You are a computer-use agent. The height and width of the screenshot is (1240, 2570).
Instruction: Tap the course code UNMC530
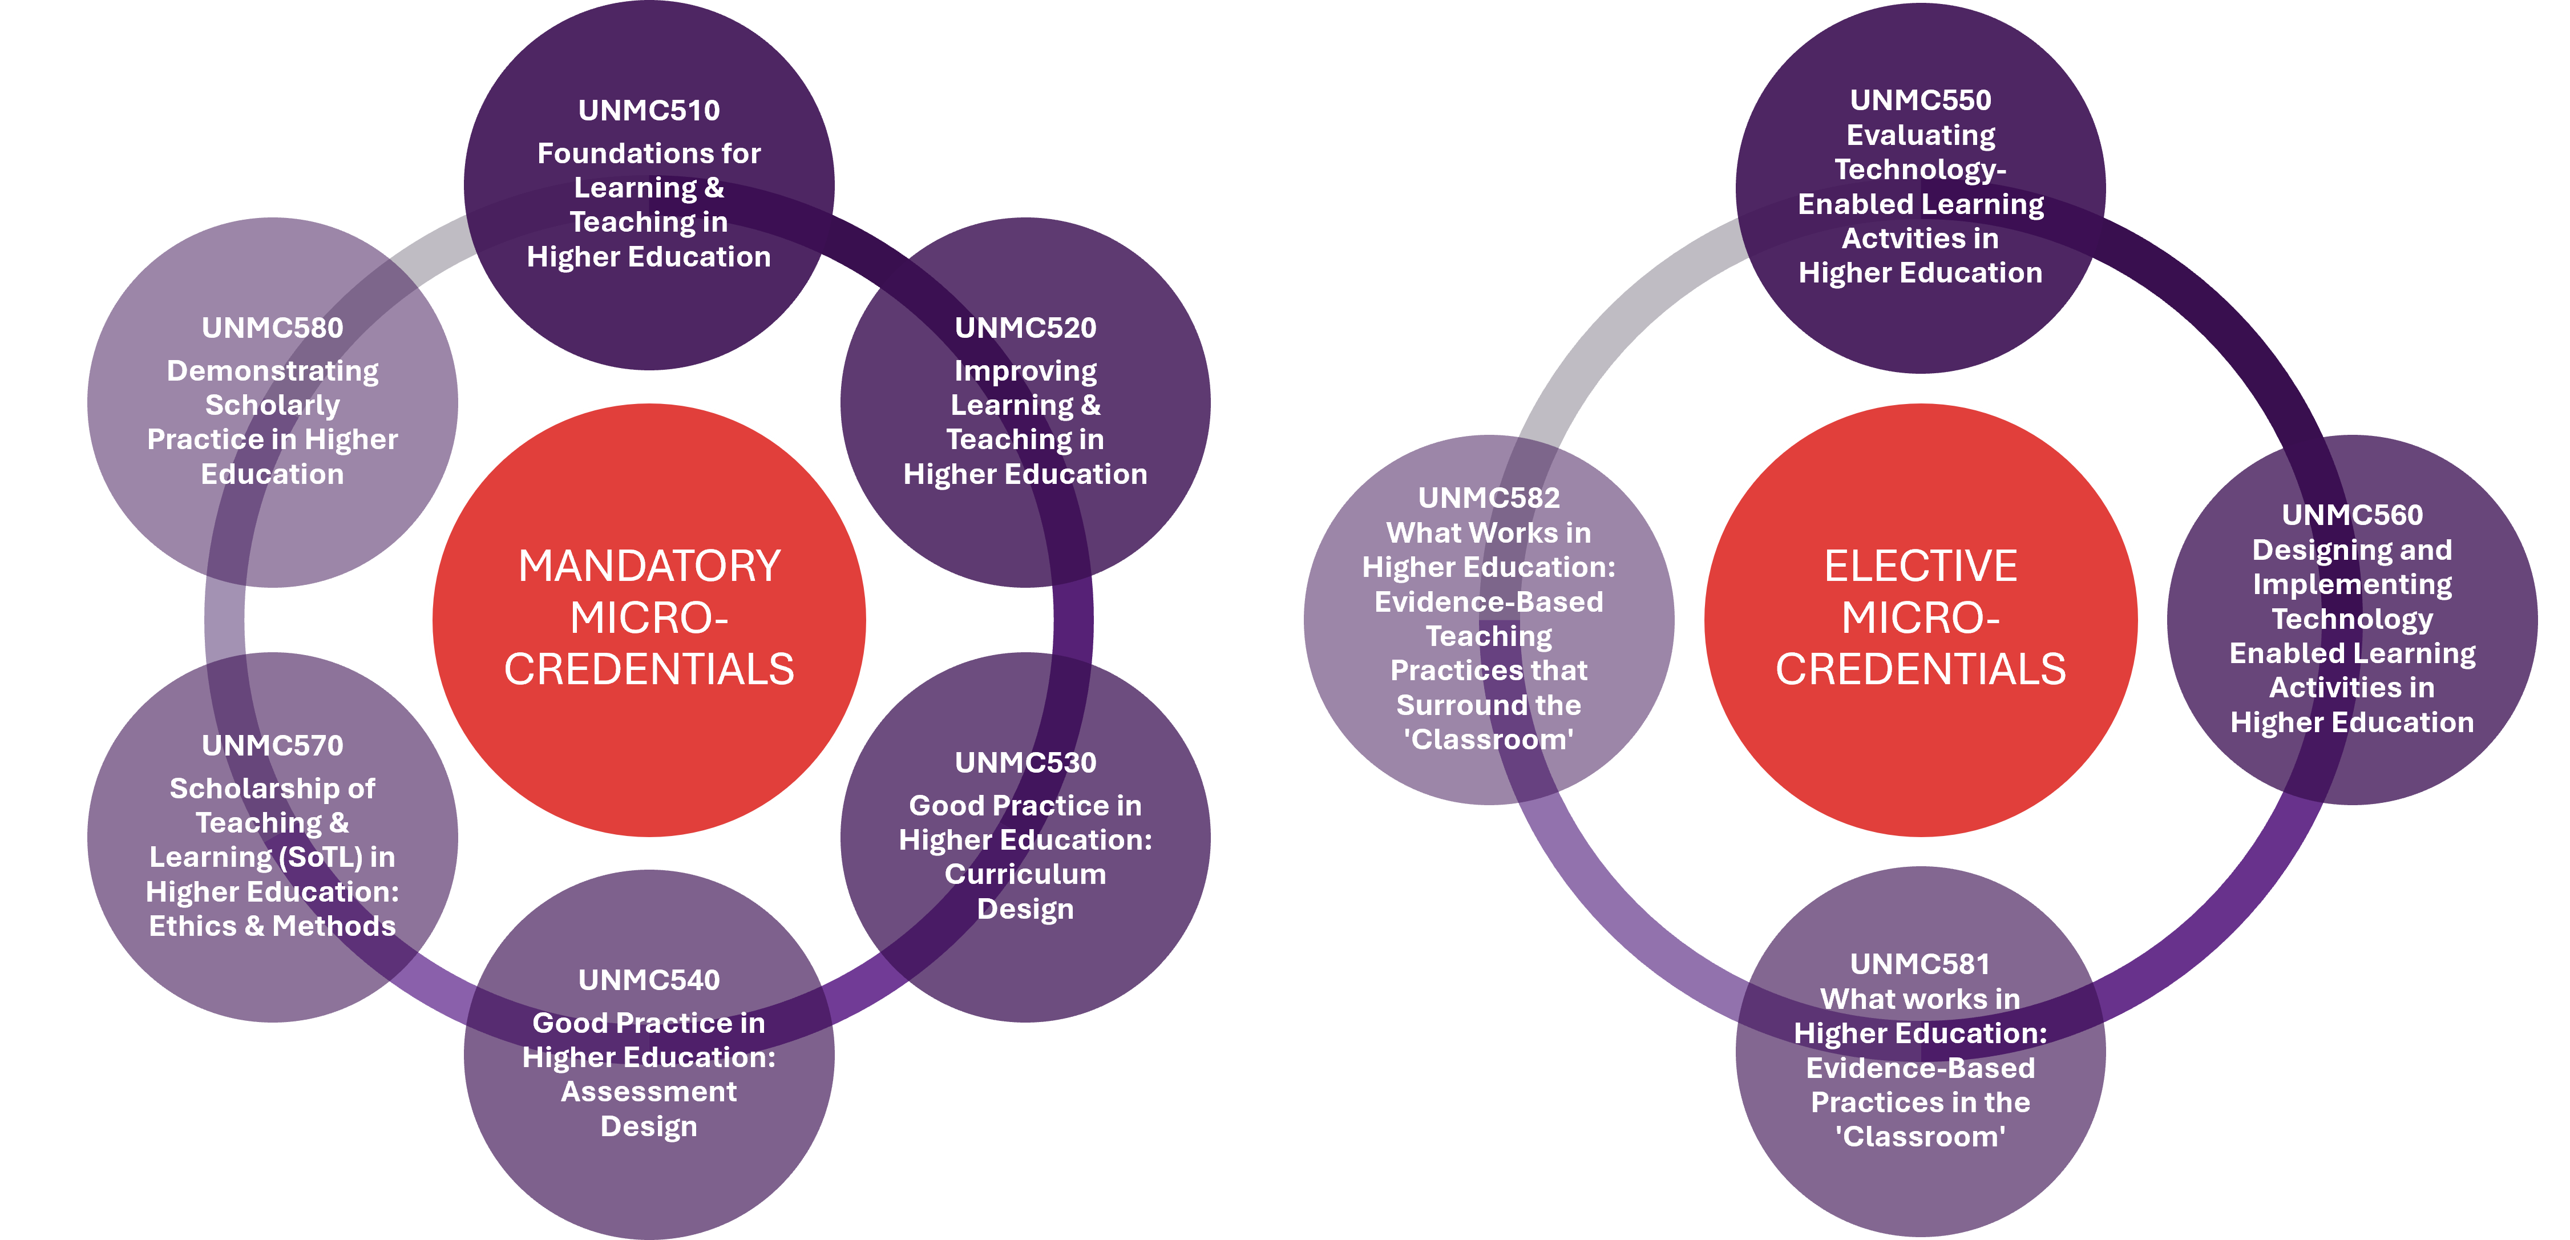coord(1025,762)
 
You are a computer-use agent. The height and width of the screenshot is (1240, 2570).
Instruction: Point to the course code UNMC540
coord(648,980)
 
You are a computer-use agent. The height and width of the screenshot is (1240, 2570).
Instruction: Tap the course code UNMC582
coord(1489,498)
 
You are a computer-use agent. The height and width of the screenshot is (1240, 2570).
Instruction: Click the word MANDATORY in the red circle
coord(648,567)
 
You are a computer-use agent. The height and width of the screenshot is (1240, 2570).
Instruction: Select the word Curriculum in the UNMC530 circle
coord(1025,875)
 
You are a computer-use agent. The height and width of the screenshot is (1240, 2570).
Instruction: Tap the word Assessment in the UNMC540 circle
coord(648,1092)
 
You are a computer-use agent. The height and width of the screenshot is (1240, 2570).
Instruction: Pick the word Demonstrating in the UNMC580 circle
coord(272,371)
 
